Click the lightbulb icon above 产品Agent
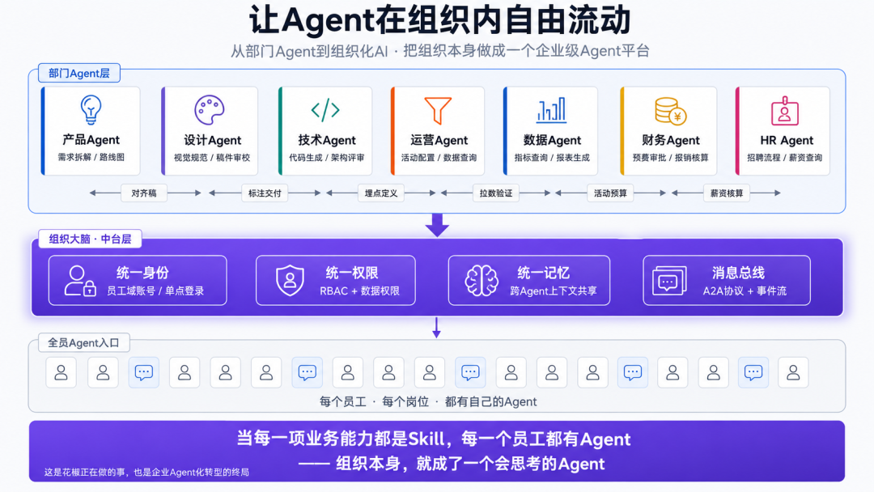[91, 109]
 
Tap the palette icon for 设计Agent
[210, 110]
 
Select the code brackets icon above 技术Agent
[325, 110]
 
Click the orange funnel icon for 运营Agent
[438, 110]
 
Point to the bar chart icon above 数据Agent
[551, 110]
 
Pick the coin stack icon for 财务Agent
[670, 111]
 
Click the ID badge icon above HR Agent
[785, 110]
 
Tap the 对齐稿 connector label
[144, 193]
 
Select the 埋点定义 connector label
[380, 193]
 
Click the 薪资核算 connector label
[726, 193]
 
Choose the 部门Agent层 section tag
[79, 73]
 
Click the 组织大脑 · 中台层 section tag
[90, 239]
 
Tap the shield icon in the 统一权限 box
[290, 280]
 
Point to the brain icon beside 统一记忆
[482, 280]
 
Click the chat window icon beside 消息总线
[669, 281]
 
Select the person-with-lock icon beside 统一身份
[79, 280]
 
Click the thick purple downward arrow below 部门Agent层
[437, 224]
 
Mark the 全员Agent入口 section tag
[83, 342]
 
